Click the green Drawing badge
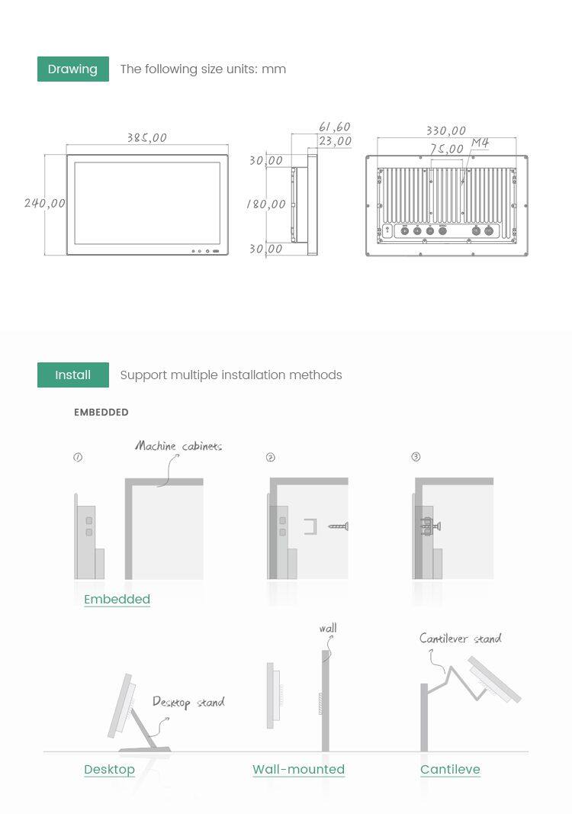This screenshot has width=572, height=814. (x=73, y=69)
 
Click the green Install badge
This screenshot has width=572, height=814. (x=73, y=375)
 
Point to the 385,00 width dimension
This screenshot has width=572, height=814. (x=147, y=137)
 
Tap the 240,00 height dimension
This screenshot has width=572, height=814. (x=45, y=203)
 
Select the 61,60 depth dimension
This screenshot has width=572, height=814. (x=335, y=127)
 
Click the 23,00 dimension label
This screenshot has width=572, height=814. (x=336, y=141)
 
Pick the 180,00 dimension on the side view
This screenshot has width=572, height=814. (x=265, y=204)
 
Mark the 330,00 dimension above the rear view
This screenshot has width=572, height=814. (x=446, y=130)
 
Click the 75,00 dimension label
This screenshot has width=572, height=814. (x=446, y=149)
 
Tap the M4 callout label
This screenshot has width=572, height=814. (x=480, y=142)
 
